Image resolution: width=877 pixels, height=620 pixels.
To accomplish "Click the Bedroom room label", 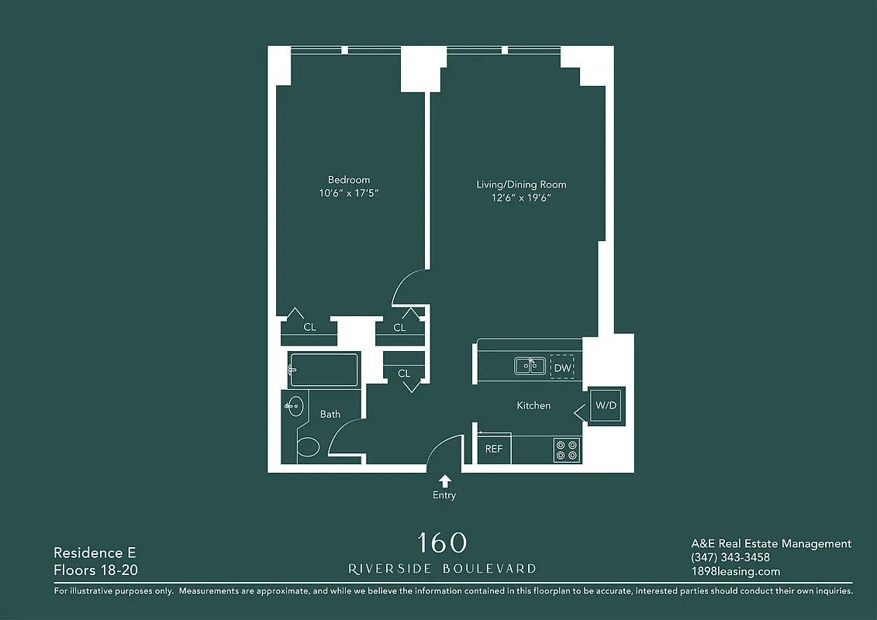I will coord(348,180).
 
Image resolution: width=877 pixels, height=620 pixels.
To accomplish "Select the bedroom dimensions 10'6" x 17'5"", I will coord(348,193).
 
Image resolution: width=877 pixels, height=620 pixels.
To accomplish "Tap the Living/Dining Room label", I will coord(521,184).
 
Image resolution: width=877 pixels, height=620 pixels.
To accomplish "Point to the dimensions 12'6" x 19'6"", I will coord(521,198).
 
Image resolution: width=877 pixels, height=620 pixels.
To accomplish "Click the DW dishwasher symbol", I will coord(562,367).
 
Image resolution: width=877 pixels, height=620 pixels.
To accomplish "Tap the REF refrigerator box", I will coord(494,449).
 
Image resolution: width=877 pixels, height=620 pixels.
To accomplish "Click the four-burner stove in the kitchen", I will coord(567,449).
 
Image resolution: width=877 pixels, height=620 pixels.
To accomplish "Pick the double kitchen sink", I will coord(530,366).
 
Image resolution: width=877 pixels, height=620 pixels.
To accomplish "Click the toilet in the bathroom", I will coord(308,447).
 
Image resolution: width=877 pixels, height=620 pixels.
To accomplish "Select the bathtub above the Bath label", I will coord(323,370).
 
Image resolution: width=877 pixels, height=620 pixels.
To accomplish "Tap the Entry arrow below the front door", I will coord(445,481).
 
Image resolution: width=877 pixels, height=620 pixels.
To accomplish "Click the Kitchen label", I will coord(533,405).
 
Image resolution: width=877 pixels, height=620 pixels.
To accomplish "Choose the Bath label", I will coord(330,414).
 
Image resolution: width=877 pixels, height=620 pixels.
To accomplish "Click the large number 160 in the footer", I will coord(442,542).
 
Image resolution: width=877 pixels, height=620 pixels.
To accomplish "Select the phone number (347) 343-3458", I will coord(730,557).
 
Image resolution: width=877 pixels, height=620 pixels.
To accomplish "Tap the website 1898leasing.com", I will coord(735,571).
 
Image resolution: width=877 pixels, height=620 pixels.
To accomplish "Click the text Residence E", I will coord(95,553).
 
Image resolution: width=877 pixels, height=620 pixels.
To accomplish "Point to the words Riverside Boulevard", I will coord(442,568).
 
